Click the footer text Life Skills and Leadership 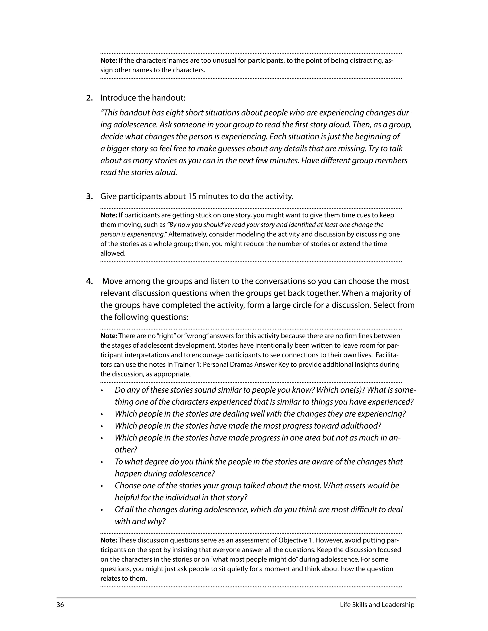pyautogui.click(x=377, y=605)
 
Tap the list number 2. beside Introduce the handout pyautogui.click(x=89, y=98)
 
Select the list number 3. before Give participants pyautogui.click(x=89, y=196)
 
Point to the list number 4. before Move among pyautogui.click(x=89, y=281)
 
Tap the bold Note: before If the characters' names pyautogui.click(x=109, y=61)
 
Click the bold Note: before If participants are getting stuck pyautogui.click(x=109, y=215)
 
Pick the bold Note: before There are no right pyautogui.click(x=109, y=336)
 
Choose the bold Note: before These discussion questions pyautogui.click(x=109, y=540)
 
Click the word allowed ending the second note pyautogui.click(x=112, y=253)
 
